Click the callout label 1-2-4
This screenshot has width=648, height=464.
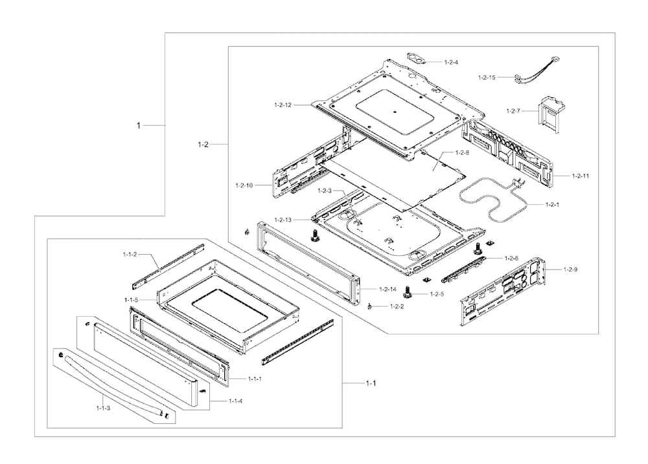451,62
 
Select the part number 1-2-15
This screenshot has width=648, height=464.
487,78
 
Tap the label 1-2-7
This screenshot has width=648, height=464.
513,111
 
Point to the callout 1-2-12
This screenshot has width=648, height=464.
283,104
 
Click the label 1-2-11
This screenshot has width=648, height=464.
580,176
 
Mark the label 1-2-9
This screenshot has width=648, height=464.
570,269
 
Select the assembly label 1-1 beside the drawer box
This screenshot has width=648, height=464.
371,383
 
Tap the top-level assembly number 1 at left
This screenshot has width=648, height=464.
138,125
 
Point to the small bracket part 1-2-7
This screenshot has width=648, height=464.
549,113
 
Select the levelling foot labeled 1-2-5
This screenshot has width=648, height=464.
408,291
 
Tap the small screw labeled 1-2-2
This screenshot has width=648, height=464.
371,306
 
